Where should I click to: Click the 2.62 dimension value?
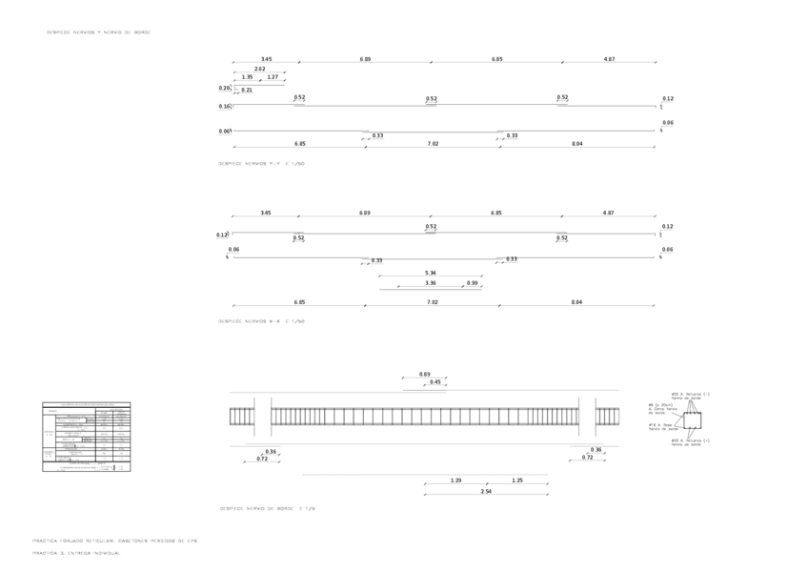[x=259, y=69]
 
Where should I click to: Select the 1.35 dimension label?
[x=247, y=77]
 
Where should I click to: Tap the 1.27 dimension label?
[x=273, y=77]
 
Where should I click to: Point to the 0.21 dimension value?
[x=247, y=90]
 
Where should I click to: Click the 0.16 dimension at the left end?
[x=224, y=107]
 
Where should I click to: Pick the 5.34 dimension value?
[x=431, y=274]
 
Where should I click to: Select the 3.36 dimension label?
[x=431, y=283]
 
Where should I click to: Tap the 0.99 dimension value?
[x=473, y=283]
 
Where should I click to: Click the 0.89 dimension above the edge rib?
[x=425, y=374]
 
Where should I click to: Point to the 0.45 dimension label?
[x=435, y=382]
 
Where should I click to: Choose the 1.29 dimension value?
[x=455, y=480]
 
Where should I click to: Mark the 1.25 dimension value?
[x=517, y=480]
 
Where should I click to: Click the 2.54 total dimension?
[x=486, y=491]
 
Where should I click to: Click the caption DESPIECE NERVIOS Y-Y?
[x=261, y=164]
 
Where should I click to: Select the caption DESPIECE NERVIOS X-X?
[x=261, y=321]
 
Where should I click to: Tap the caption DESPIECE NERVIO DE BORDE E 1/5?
[x=267, y=509]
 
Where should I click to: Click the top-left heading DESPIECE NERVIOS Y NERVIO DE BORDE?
[x=98, y=32]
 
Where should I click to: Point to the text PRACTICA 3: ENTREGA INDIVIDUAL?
[x=76, y=553]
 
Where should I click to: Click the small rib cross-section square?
[x=692, y=419]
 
